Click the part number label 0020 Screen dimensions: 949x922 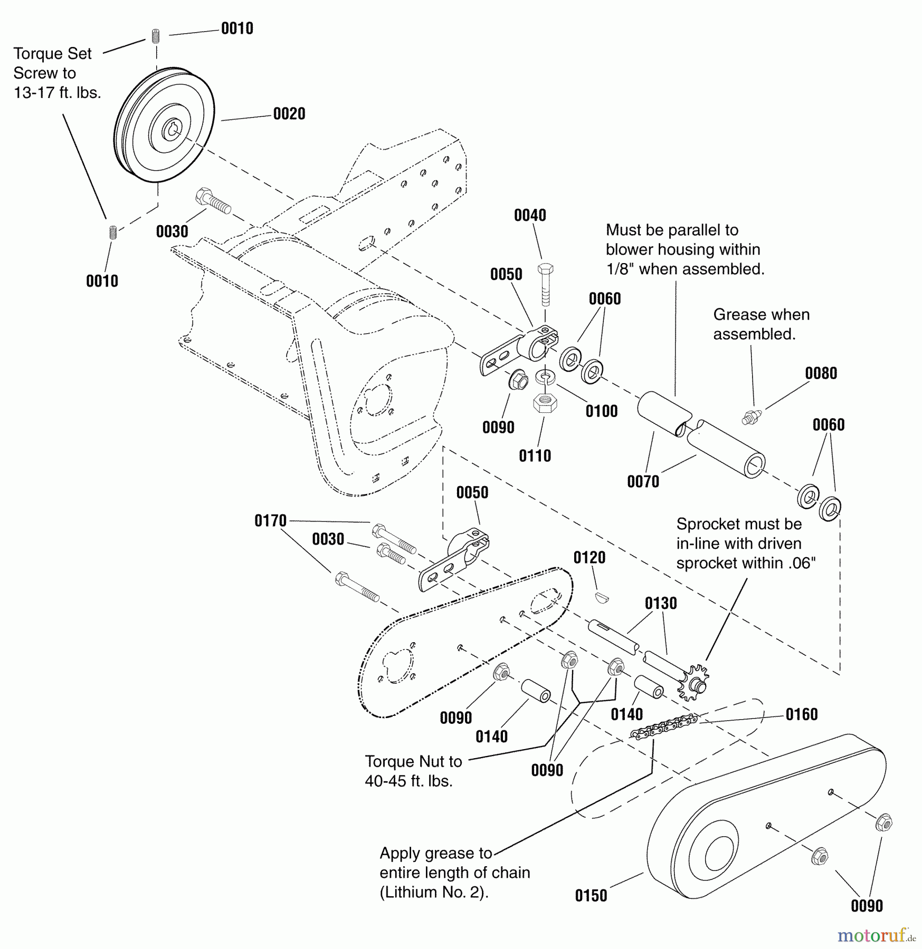coord(289,114)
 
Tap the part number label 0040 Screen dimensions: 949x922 coord(530,216)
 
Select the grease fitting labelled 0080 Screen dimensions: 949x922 coord(750,417)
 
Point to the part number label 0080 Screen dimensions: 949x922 coord(821,373)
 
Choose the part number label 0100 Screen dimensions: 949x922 coord(601,411)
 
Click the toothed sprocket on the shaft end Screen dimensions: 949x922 coord(693,683)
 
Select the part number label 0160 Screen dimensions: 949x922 coord(801,714)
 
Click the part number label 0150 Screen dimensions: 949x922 coord(591,895)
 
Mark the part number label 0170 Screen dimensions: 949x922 coord(270,521)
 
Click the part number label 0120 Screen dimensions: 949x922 coord(590,558)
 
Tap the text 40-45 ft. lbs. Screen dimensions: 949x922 coord(408,781)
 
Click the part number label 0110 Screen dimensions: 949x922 coord(535,456)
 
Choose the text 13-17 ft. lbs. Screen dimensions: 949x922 coord(57,93)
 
